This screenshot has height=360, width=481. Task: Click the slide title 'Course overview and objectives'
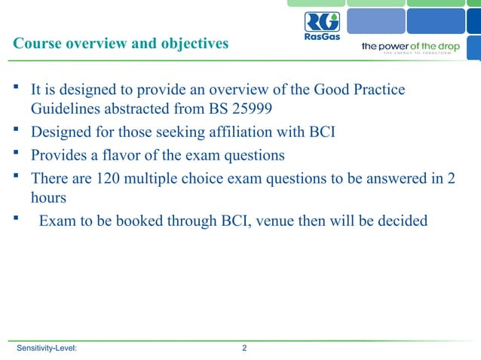[121, 44]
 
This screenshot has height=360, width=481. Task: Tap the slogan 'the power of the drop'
[410, 46]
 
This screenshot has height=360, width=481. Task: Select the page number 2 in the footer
[244, 348]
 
